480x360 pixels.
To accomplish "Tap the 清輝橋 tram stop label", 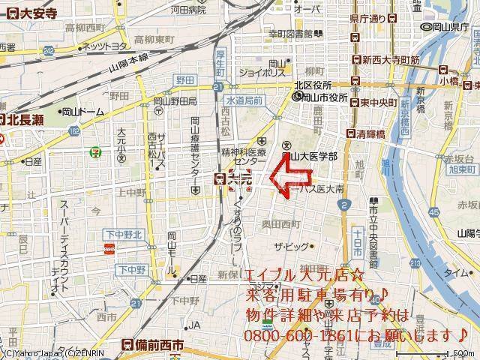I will (x=370, y=133).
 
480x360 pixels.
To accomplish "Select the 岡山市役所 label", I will (x=325, y=97).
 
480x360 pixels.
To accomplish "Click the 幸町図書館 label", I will (x=296, y=34).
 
